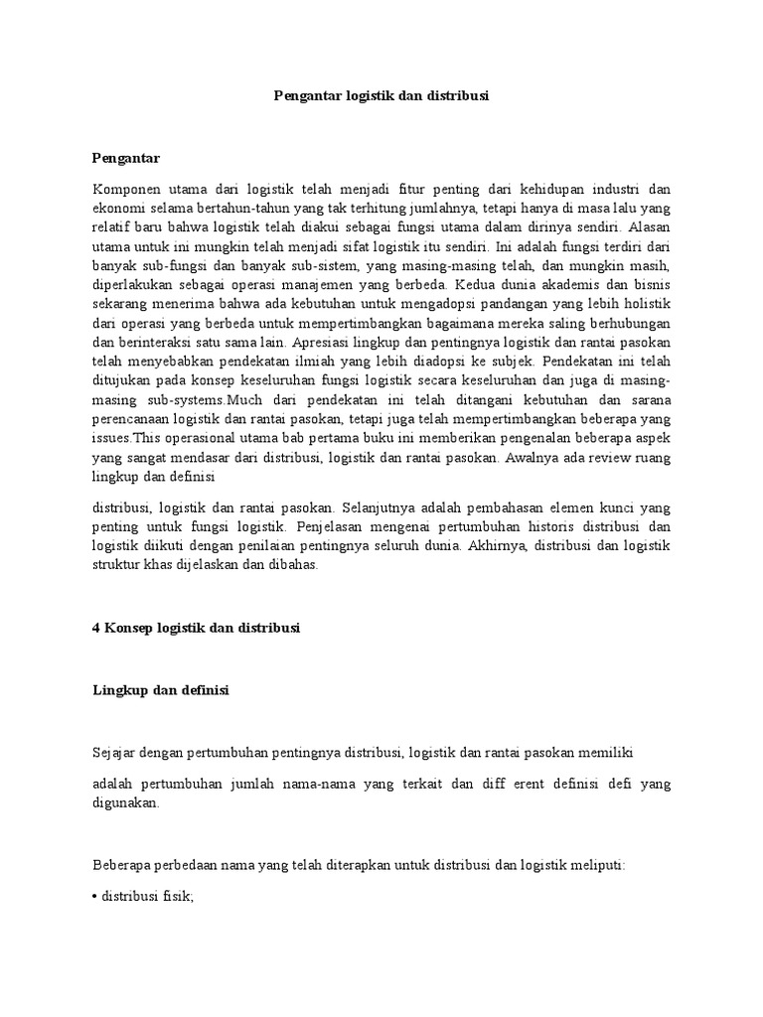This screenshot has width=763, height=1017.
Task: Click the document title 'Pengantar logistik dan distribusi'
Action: click(x=381, y=97)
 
